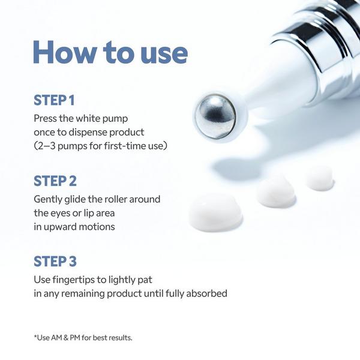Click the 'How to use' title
tap(110, 53)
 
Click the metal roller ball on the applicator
tap(215, 114)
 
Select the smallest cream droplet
tap(319, 178)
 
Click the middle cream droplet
tap(275, 191)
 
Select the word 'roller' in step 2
tap(121, 199)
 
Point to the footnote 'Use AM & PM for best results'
tap(83, 337)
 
